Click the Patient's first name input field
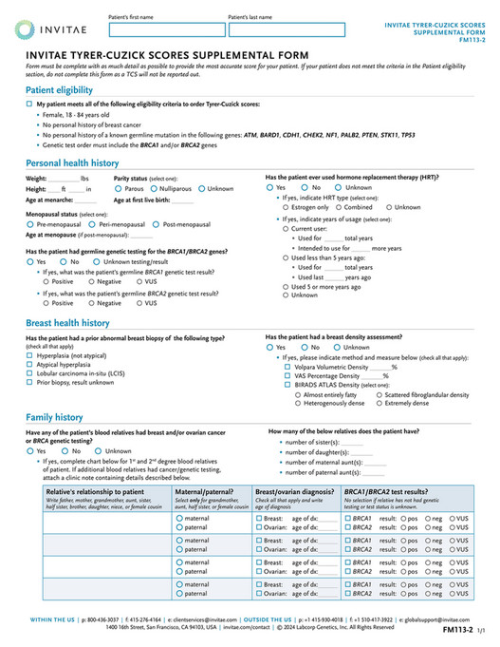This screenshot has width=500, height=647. click(165, 30)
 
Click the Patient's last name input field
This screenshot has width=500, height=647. click(286, 30)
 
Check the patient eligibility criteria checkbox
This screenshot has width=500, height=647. click(29, 102)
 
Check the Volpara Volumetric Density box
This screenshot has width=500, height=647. click(287, 365)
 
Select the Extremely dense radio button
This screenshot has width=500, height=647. click(380, 403)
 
